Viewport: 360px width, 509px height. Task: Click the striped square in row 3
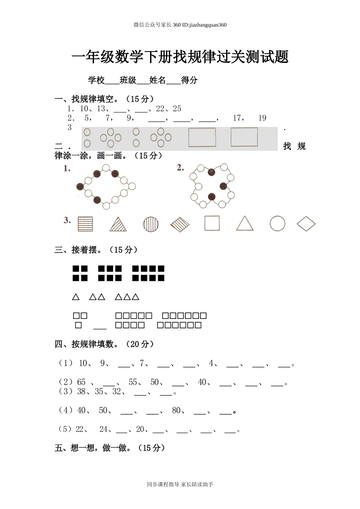tap(85, 224)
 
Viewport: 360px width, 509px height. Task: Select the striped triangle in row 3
tap(118, 224)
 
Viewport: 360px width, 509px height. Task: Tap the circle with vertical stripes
tap(151, 224)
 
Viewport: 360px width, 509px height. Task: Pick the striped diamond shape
tap(180, 224)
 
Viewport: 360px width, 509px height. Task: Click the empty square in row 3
tap(212, 223)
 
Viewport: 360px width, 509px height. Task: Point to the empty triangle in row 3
tap(245, 224)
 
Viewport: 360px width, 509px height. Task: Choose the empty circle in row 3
tap(277, 223)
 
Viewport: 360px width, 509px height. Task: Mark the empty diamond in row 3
tap(306, 224)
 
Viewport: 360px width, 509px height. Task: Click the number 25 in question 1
tap(177, 109)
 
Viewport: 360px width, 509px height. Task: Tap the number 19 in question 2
tap(262, 118)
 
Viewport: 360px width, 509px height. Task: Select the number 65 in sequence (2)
tap(81, 382)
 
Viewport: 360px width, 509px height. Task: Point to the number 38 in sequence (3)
tap(81, 392)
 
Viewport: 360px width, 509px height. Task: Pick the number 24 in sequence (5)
tap(103, 429)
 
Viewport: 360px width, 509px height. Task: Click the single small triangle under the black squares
tap(76, 297)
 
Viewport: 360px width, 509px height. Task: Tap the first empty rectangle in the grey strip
tap(202, 137)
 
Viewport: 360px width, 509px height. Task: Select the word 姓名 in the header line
tap(158, 80)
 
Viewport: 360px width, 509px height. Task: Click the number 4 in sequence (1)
tap(211, 364)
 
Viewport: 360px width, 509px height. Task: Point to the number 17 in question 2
tap(238, 118)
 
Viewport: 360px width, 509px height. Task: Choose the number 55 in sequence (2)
tap(133, 382)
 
